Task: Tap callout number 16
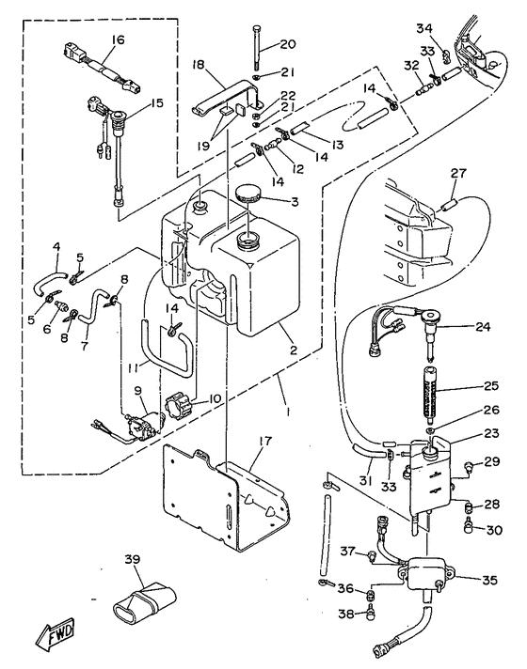(x=118, y=39)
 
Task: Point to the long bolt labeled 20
(x=256, y=47)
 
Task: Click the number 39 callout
(x=132, y=559)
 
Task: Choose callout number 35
(x=489, y=580)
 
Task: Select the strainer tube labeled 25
(x=429, y=392)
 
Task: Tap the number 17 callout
(x=265, y=441)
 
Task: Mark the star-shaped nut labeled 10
(x=177, y=407)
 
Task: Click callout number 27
(x=458, y=174)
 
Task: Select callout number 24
(x=483, y=327)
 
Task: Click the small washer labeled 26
(x=430, y=428)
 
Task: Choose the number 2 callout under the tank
(x=294, y=350)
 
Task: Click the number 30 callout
(x=494, y=530)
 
